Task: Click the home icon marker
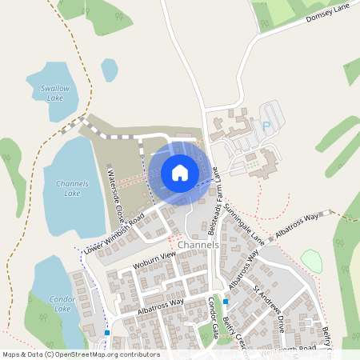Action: pyautogui.click(x=180, y=172)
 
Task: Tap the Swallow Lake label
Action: pyautogui.click(x=45, y=93)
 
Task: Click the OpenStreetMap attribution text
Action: pyautogui.click(x=80, y=354)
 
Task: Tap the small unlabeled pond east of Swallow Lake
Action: pyautogui.click(x=109, y=70)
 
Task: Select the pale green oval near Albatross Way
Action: pyautogui.click(x=311, y=261)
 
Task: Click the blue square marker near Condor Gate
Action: pyautogui.click(x=226, y=302)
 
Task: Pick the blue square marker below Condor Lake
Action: pyautogui.click(x=106, y=332)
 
